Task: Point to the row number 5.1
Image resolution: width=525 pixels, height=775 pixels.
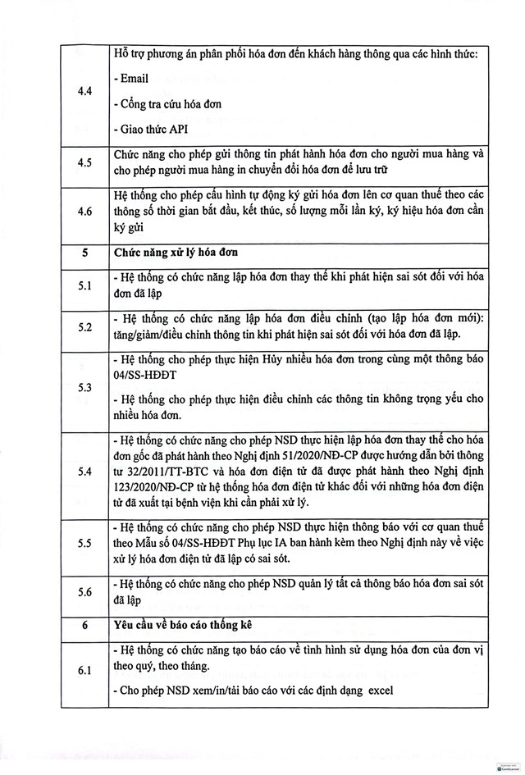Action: tap(84, 285)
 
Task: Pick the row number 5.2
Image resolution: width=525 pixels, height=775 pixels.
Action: tap(84, 326)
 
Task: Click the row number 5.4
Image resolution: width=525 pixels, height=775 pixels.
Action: tap(84, 472)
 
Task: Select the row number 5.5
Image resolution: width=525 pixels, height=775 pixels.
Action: tap(84, 543)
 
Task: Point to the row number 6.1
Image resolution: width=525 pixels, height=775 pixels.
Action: tap(84, 670)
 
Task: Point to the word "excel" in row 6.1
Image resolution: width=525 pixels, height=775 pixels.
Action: tap(375, 690)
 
